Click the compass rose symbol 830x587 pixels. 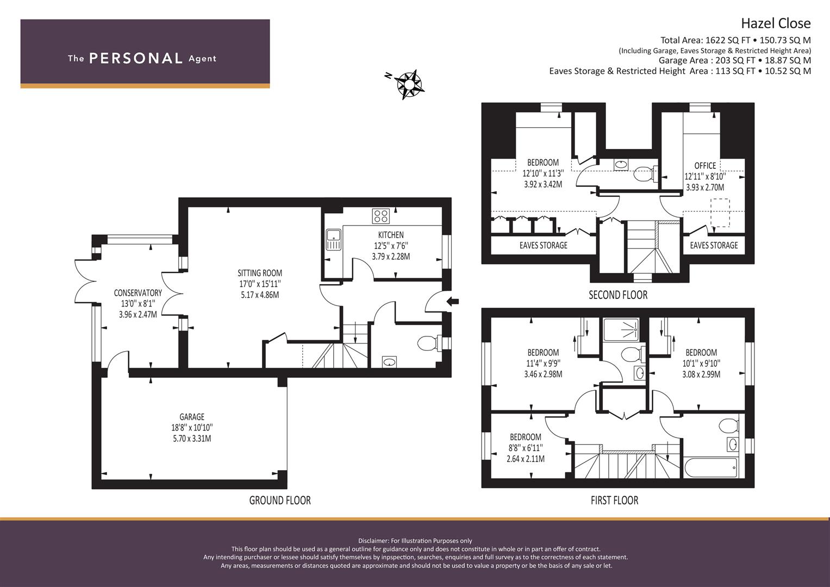408,84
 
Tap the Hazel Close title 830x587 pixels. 776,23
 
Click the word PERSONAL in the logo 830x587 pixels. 136,58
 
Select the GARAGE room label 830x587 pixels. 192,416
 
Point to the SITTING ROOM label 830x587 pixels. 260,273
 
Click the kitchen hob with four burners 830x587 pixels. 381,216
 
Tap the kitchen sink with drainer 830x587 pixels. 334,240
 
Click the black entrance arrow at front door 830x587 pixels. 453,301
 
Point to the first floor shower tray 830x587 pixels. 621,330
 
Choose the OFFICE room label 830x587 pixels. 705,166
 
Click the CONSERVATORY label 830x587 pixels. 138,293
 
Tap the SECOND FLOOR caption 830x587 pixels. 618,295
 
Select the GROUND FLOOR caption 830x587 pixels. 280,500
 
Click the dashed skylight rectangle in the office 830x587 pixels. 720,213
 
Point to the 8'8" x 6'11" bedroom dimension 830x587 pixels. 526,448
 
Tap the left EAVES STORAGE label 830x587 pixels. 543,245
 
